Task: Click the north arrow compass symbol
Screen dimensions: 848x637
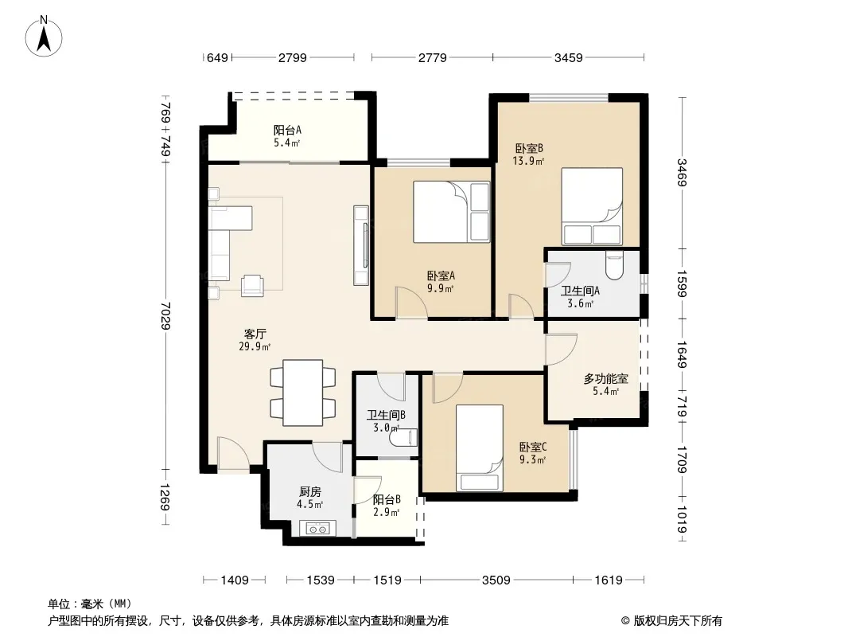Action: coord(44,37)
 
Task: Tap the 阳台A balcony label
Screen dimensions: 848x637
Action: coord(287,130)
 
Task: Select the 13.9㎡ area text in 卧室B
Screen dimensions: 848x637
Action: coord(528,161)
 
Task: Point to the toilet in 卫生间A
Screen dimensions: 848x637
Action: coord(614,264)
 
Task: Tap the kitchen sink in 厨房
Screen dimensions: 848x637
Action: coord(317,528)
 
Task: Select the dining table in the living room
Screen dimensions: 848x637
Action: coord(303,393)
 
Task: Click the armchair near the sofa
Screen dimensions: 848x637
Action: coord(252,285)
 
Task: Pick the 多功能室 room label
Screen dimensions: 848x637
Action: coord(605,379)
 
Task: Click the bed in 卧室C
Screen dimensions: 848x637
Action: coord(479,448)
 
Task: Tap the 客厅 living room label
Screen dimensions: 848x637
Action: coord(255,334)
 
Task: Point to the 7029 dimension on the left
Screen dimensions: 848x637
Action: coord(165,315)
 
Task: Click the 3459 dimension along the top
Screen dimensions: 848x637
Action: coord(569,57)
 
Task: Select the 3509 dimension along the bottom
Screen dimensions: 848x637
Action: coord(496,580)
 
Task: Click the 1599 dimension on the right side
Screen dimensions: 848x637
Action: coord(682,283)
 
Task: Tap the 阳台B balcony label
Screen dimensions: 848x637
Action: coord(387,499)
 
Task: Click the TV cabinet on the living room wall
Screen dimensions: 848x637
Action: coord(361,245)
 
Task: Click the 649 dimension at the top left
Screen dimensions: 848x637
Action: coord(217,57)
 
